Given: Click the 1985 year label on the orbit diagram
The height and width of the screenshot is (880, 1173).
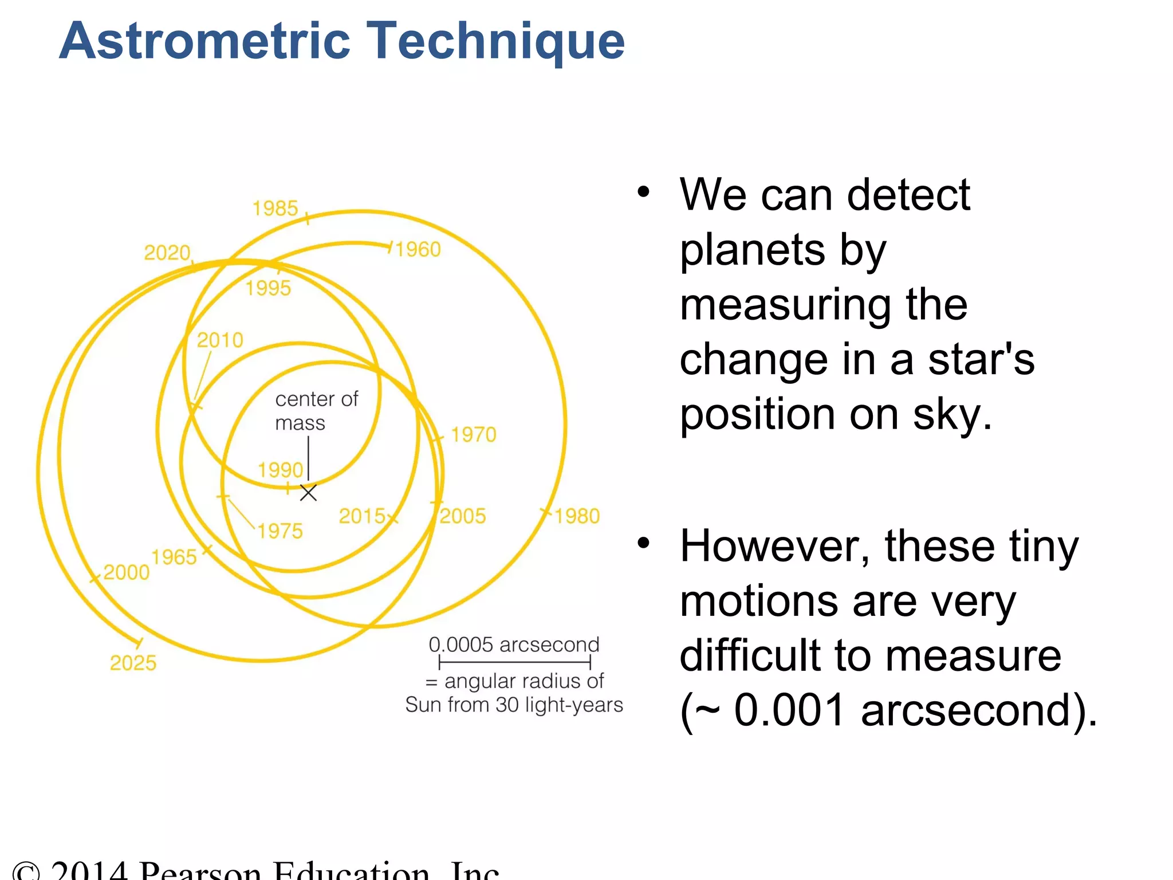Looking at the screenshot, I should click(275, 209).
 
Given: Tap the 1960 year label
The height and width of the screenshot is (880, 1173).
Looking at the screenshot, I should click(418, 250).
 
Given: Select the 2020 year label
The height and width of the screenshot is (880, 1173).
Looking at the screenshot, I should click(167, 253).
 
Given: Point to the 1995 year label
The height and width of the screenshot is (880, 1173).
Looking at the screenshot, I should click(268, 288).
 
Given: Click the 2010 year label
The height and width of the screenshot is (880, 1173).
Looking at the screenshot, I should click(220, 340).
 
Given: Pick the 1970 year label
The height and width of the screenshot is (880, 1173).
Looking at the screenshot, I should click(473, 435).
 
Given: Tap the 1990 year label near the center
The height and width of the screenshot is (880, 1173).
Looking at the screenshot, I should click(280, 470).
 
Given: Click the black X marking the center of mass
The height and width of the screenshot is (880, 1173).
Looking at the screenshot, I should click(308, 493).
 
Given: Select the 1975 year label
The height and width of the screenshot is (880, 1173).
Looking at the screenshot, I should click(280, 531).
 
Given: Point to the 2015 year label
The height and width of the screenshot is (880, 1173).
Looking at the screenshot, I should click(362, 516).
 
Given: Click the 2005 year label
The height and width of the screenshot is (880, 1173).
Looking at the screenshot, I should click(463, 516).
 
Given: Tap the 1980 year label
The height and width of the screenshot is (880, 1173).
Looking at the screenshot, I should click(577, 516).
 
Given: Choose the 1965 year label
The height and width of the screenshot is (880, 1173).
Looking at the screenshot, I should click(174, 557).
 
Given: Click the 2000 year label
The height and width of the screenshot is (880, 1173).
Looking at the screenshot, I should click(126, 572).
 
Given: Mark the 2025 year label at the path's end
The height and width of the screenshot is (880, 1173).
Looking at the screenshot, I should click(133, 663).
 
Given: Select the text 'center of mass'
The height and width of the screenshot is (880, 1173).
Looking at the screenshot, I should click(316, 411).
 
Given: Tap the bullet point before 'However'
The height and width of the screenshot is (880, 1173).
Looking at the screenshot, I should click(644, 542).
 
